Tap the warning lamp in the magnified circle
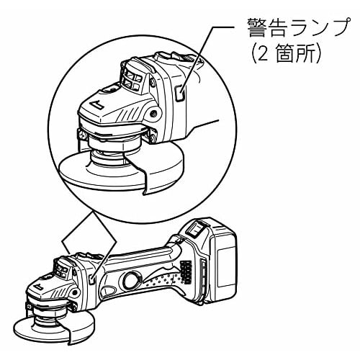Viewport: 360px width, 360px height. tap(181, 91)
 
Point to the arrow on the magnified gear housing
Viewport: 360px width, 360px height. tap(96, 109)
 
